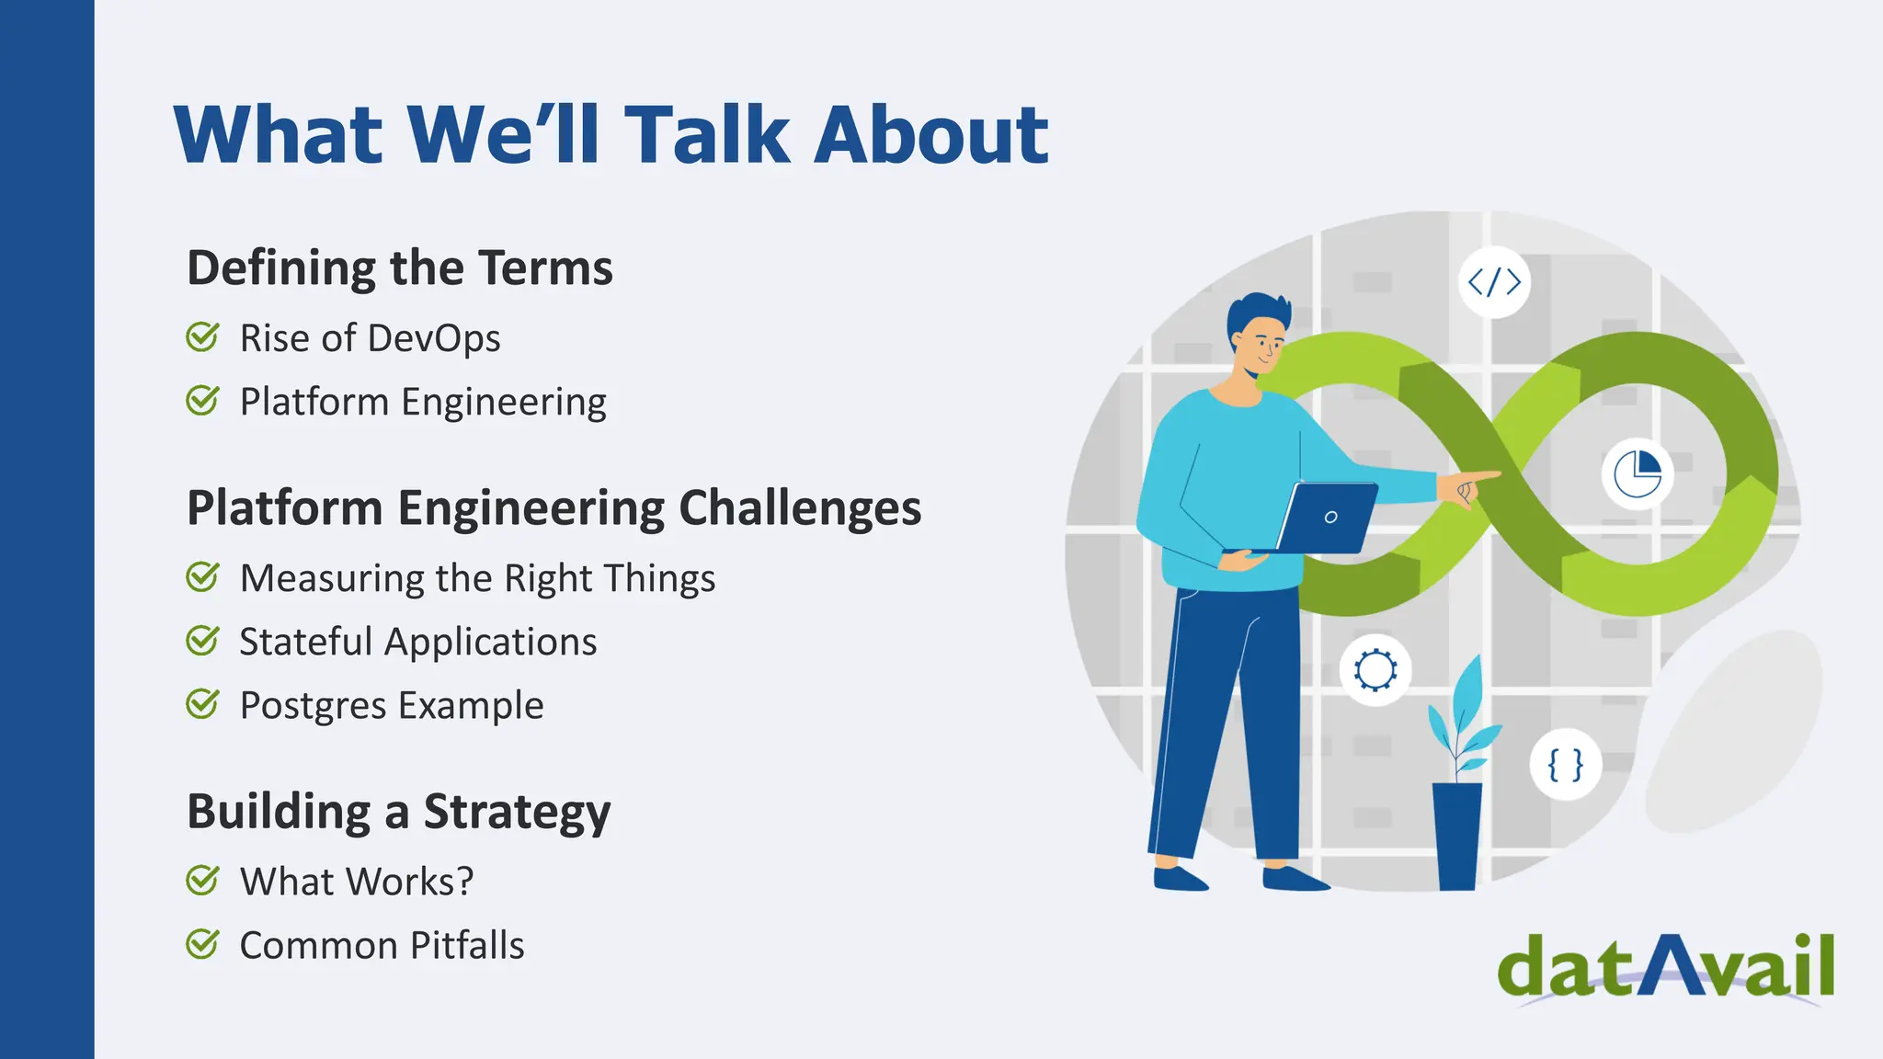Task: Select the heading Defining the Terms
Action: point(399,268)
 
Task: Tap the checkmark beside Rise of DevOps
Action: point(202,337)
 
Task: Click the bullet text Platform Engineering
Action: point(423,402)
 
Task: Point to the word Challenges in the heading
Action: point(799,507)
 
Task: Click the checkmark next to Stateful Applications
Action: point(202,641)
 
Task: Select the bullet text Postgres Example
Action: point(392,705)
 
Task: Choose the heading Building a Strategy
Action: point(398,812)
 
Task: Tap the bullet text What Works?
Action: point(357,882)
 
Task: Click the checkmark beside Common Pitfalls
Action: point(202,944)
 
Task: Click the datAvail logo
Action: point(1665,967)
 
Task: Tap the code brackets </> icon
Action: point(1494,282)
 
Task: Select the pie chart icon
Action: point(1638,474)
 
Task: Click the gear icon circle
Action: point(1375,669)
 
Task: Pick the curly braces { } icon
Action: point(1565,765)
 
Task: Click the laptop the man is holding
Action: point(1326,518)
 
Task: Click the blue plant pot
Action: point(1457,835)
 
